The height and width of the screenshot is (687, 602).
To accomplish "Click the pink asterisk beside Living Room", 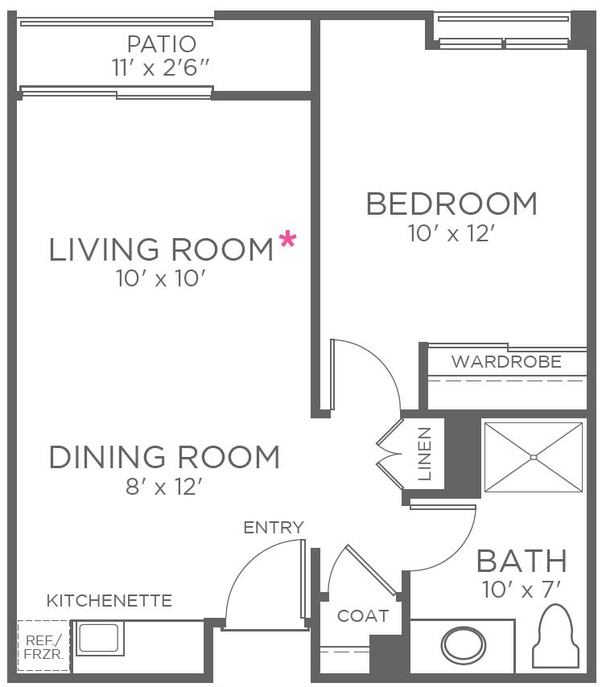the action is (x=287, y=241).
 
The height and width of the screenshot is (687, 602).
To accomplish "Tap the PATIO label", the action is (x=162, y=43).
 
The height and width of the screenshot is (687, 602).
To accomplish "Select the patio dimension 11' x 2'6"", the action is (x=160, y=68).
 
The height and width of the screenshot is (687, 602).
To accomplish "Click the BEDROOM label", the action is (x=451, y=204).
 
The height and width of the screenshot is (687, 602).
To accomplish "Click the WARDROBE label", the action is (x=506, y=362).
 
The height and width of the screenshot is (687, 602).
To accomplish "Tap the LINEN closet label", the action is (x=425, y=454).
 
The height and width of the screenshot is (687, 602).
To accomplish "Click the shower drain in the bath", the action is (x=534, y=458).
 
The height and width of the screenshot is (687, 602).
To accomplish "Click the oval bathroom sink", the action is (x=464, y=645).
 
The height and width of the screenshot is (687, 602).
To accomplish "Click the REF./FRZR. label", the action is (x=43, y=647).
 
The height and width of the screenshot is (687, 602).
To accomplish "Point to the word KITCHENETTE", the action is (x=109, y=601).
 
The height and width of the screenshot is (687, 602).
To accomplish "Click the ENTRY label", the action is (x=274, y=528).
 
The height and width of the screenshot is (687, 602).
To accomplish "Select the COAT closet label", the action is (x=363, y=616).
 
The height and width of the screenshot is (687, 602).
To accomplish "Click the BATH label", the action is (x=522, y=561).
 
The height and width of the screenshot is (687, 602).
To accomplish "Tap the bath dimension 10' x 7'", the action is (x=522, y=590).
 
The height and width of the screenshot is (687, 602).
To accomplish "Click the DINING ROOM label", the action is (x=164, y=457).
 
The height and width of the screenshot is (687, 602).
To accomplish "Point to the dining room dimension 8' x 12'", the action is (x=164, y=487).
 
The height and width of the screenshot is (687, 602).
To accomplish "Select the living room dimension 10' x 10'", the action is (x=161, y=278).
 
